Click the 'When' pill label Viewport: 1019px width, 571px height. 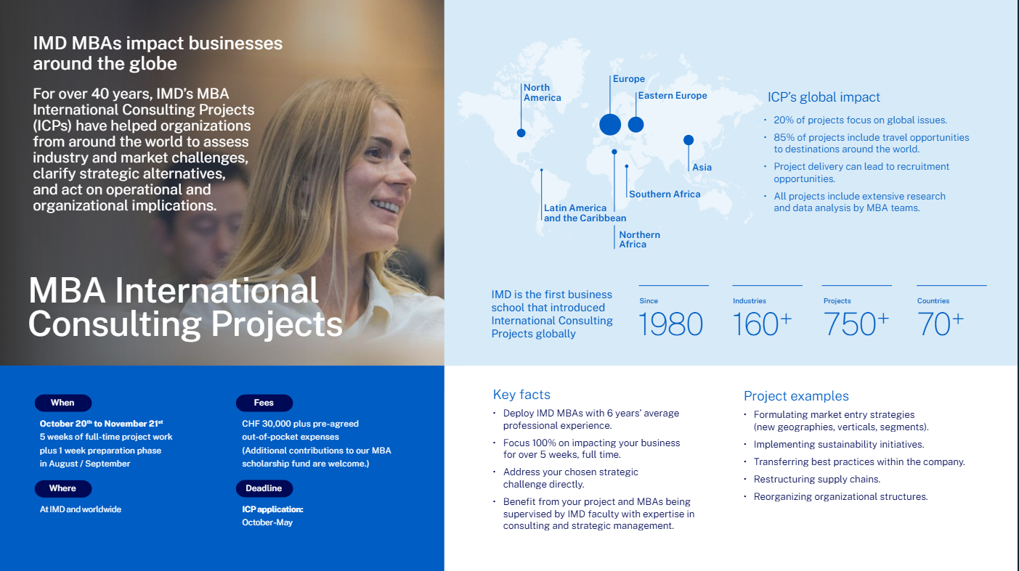62,403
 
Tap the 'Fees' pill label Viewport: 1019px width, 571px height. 264,403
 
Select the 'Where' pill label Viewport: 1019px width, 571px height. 62,488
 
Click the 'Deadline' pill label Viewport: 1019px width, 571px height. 264,488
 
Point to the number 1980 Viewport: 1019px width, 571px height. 670,324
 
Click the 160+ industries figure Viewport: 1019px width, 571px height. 761,324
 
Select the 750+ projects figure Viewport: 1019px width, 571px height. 856,324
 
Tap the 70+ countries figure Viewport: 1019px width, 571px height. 940,324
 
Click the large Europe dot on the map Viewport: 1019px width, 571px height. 610,124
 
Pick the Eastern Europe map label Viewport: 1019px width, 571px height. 672,96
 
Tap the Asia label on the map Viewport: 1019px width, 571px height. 702,168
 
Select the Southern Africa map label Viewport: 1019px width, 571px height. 665,194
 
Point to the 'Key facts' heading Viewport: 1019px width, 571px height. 521,395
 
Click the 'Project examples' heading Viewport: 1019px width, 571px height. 796,396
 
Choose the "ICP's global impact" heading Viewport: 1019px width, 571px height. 824,97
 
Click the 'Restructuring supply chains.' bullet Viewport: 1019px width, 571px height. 816,479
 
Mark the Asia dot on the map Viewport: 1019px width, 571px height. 689,140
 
